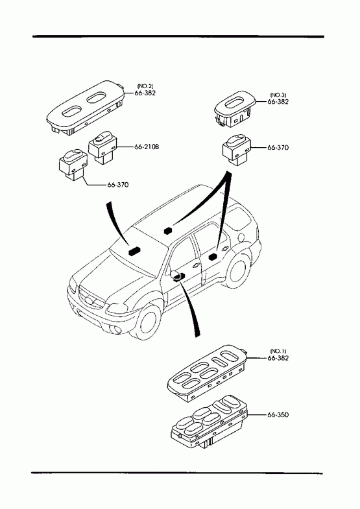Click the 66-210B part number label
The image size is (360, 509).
[147, 147]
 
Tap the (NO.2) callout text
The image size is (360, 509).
[145, 86]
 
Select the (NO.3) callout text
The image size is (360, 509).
[278, 95]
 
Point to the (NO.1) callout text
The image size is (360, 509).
[278, 351]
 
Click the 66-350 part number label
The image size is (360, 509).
[278, 414]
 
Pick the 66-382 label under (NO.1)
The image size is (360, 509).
[278, 358]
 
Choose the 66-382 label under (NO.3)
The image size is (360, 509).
[278, 102]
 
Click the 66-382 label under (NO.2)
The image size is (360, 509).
[145, 93]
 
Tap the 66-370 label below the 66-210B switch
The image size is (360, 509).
[118, 185]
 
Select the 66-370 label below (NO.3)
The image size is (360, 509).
[278, 147]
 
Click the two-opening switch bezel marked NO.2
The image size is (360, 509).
[86, 108]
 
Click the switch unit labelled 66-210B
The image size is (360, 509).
[102, 147]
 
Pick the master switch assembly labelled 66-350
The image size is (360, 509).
[210, 420]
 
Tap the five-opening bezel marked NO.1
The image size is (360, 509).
[208, 373]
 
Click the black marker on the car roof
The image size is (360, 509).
[168, 231]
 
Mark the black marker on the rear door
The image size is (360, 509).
[213, 257]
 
